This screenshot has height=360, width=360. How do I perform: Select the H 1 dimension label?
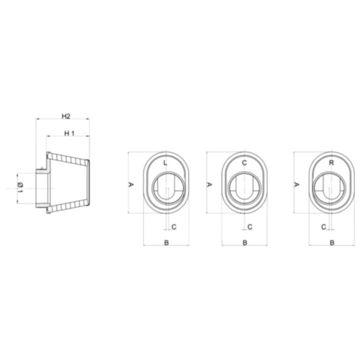(x=69, y=133)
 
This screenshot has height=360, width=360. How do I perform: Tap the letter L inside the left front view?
(x=165, y=163)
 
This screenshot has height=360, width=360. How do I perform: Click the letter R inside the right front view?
(x=332, y=163)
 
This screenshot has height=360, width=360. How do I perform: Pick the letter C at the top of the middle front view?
(x=244, y=163)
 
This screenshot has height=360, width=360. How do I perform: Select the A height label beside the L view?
(x=131, y=185)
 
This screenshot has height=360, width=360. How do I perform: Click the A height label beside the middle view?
(x=210, y=185)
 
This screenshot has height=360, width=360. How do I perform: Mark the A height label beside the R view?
(x=297, y=185)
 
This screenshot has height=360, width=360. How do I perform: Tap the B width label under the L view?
(x=165, y=242)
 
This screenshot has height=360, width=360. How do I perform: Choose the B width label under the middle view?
(x=245, y=242)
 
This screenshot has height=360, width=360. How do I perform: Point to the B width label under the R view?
(x=332, y=242)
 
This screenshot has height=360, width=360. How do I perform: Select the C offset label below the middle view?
(x=250, y=226)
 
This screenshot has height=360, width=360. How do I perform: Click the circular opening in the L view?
(x=167, y=188)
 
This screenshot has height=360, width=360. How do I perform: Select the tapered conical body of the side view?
(x=73, y=186)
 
